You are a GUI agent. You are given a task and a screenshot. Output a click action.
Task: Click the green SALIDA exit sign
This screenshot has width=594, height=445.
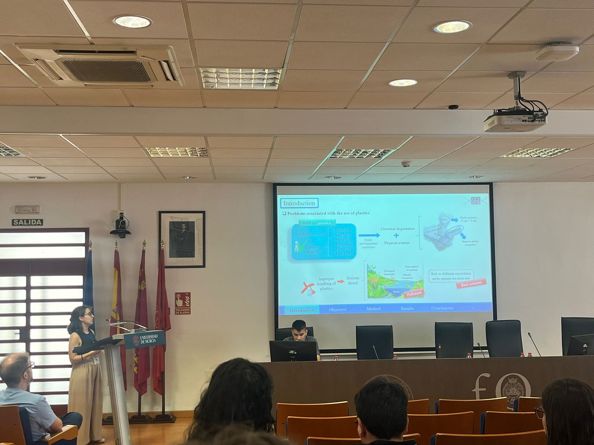coord(27,222)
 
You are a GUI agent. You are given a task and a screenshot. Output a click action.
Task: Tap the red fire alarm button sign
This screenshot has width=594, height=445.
coord(182,304)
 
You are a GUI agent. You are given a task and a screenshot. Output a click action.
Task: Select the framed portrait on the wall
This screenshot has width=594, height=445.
coord(182,239)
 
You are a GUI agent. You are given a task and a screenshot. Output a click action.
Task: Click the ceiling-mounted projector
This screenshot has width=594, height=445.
coord(515,119)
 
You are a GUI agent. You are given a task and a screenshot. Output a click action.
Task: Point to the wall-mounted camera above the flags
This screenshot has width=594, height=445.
coord(120,225)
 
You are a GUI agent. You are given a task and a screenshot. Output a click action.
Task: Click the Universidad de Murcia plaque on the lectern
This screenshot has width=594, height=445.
coord(145,339)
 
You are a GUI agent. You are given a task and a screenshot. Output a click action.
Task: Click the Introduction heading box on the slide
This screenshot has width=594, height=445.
coord(299,203)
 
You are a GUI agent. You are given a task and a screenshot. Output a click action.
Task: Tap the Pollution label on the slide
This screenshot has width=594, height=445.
coord(414,294)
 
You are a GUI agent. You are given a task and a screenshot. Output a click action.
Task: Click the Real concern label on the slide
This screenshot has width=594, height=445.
coord(471,283)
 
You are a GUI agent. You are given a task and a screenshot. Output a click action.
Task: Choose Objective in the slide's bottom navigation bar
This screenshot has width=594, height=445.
coord(338,309)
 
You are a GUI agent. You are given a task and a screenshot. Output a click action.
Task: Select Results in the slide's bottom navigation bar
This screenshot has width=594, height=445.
coord(407,309)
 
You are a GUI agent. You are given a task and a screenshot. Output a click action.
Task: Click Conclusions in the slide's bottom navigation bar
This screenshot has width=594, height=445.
coord(442,308)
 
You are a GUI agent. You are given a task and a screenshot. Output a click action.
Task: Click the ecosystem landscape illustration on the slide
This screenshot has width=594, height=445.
coord(395,281)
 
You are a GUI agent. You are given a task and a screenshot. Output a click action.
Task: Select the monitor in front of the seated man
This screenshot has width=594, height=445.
coord(293,351)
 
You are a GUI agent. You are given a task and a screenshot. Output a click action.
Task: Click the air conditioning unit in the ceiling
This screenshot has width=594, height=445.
coord(101,66)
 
